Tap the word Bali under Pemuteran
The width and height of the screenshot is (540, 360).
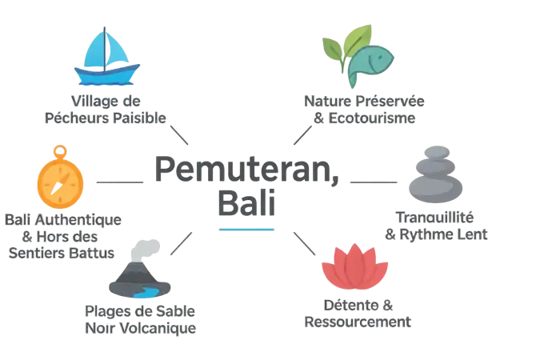246,202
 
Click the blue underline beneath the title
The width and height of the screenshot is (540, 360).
246,230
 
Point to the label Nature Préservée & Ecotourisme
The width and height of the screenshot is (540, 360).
365,110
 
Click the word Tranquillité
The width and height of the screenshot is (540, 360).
435,218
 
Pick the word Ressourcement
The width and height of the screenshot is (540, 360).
358,322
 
